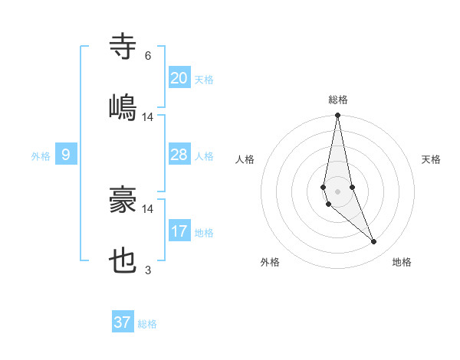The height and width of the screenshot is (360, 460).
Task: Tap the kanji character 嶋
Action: tap(123, 106)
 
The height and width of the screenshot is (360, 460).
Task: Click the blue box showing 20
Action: tap(179, 77)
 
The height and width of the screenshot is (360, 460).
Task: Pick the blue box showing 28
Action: tap(179, 155)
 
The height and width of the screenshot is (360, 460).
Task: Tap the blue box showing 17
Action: tap(179, 231)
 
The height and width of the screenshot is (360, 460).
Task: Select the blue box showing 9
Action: tap(66, 155)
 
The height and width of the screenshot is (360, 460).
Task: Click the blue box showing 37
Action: tap(123, 322)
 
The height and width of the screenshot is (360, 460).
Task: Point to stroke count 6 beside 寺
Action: tap(148, 56)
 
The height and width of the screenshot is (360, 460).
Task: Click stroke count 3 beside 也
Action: tap(148, 270)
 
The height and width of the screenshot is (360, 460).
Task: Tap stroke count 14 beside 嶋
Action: tap(148, 116)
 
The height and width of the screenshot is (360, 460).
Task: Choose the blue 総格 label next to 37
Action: tap(148, 324)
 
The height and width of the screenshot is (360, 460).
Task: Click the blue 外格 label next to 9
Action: tap(41, 156)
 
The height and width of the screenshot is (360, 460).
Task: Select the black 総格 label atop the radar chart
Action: tap(338, 100)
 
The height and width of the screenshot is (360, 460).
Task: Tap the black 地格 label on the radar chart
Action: tap(402, 263)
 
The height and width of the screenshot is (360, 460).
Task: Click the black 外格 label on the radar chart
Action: tap(270, 263)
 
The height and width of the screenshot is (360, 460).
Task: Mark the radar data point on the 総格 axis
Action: tap(337, 116)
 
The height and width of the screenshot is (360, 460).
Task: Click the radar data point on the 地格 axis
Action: tap(374, 242)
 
